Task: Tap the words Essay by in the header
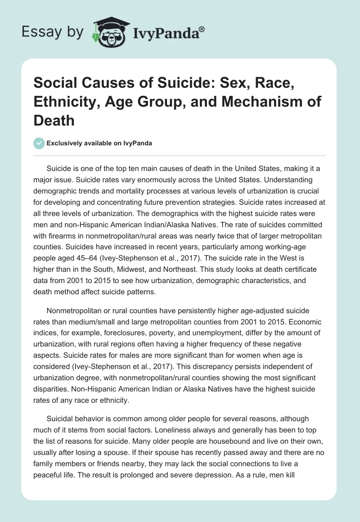[x=52, y=31]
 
